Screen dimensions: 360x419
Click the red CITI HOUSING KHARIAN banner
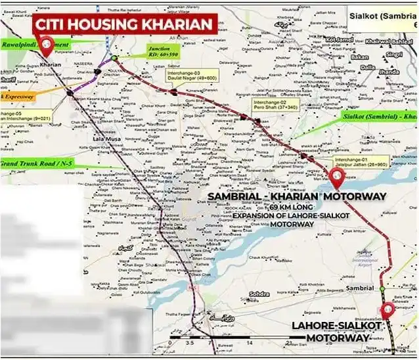[x=125, y=25]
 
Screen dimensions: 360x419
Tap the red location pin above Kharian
[x=47, y=46]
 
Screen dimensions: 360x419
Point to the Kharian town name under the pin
[x=51, y=66]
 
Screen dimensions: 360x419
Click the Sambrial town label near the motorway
[x=362, y=288]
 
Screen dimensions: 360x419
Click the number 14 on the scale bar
[x=250, y=343]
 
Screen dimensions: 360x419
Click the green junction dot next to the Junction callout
[x=114, y=58]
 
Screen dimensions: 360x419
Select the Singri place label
[x=394, y=54]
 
